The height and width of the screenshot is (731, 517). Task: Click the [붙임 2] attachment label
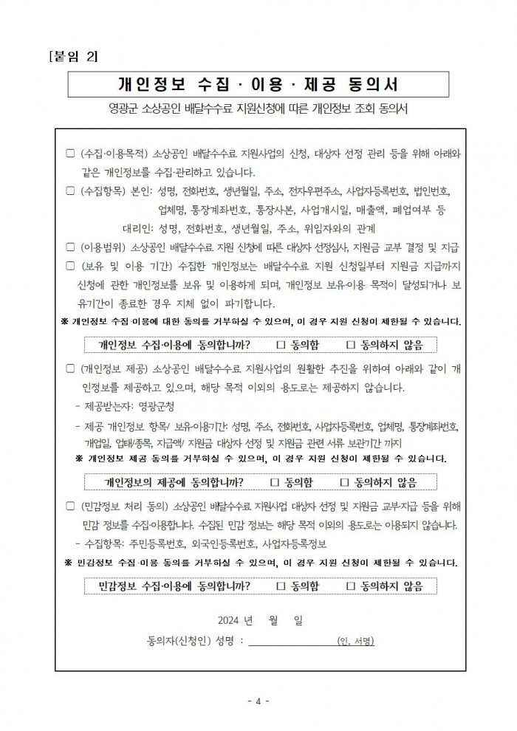pos(72,58)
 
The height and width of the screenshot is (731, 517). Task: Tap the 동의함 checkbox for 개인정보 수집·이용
pos(281,345)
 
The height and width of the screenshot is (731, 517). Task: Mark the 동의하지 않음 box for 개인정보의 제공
pos(343,483)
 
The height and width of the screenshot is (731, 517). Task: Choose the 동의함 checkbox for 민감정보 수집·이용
pos(281,586)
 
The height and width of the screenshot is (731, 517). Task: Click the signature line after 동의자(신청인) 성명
pos(288,639)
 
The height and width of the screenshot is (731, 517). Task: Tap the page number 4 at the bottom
pos(258,700)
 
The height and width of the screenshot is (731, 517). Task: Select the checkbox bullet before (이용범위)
pos(70,247)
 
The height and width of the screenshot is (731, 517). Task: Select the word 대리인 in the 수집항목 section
pos(137,227)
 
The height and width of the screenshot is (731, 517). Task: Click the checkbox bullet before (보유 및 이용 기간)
pos(70,265)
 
